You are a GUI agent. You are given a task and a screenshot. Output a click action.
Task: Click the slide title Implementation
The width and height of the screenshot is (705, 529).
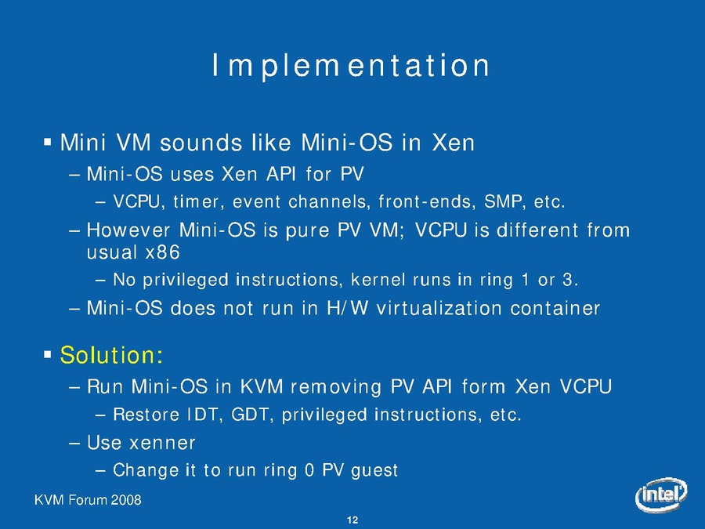(x=351, y=66)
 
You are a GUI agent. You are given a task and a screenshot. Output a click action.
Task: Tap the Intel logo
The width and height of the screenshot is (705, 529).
(x=661, y=495)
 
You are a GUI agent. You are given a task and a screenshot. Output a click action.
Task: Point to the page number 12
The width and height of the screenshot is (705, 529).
(x=352, y=520)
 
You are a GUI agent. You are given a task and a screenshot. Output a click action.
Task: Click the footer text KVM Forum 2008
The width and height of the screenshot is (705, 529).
(x=88, y=500)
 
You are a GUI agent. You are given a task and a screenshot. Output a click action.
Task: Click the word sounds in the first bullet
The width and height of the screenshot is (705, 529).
(x=201, y=143)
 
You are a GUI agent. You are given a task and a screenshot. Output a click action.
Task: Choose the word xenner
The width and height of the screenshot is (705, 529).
(x=162, y=443)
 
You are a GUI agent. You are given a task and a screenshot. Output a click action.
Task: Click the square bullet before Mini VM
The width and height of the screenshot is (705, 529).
(x=48, y=143)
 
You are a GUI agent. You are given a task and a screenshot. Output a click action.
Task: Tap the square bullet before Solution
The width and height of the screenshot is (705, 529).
(x=48, y=355)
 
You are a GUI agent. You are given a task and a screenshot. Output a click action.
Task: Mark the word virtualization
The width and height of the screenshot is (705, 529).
(x=439, y=308)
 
